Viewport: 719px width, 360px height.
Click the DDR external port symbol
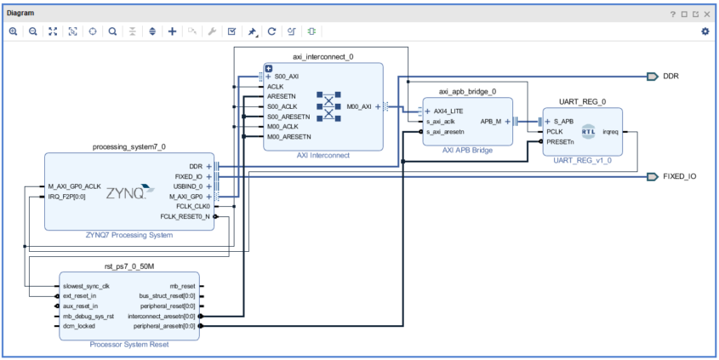[653, 77]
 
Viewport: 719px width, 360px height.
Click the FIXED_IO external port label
[680, 176]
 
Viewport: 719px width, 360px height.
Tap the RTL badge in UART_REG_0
[589, 132]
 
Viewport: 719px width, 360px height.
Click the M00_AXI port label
[359, 107]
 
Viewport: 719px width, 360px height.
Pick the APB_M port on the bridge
[491, 122]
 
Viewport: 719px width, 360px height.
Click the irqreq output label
[610, 132]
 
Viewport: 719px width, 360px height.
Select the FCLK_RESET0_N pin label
[185, 216]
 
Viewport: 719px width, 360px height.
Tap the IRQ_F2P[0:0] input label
[66, 197]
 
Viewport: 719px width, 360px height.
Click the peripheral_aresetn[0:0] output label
[164, 326]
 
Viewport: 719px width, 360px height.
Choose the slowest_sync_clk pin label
[86, 286]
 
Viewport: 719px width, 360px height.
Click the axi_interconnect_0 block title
[323, 57]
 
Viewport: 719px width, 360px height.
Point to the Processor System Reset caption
[129, 345]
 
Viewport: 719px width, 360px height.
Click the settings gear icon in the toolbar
[705, 31]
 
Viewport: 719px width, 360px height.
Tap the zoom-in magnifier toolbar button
[14, 31]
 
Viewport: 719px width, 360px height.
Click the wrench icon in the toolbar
[212, 31]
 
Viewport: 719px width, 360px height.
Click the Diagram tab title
[20, 14]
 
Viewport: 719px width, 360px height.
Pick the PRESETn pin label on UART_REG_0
[560, 142]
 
